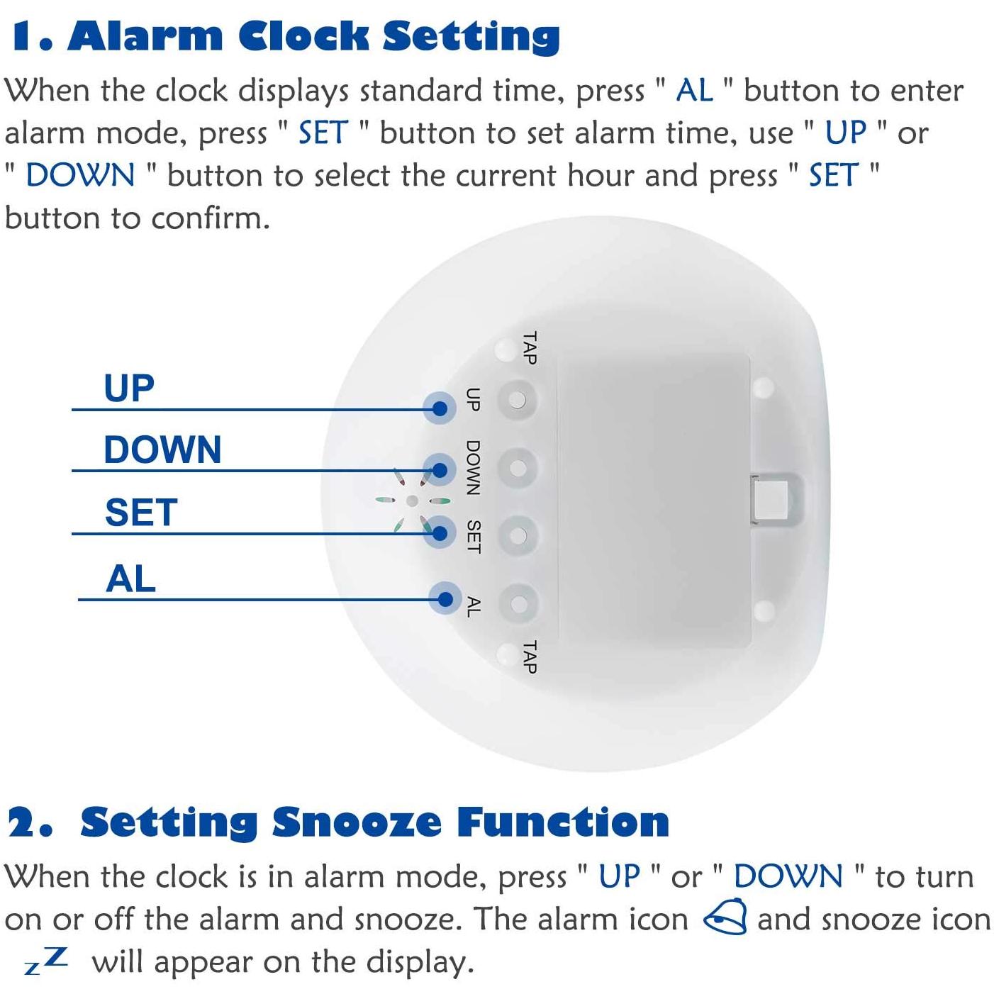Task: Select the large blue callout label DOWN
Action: click(x=162, y=449)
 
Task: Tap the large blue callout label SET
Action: click(x=141, y=512)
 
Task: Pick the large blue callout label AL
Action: click(x=130, y=579)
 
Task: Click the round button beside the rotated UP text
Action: click(x=518, y=400)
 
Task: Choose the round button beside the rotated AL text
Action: click(x=518, y=603)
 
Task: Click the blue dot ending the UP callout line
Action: click(x=440, y=408)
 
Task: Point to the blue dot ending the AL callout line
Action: click(x=445, y=599)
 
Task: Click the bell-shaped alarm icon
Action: click(x=726, y=916)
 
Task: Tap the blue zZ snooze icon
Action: click(x=46, y=961)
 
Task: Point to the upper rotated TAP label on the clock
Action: click(x=530, y=348)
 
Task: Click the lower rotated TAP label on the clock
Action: click(x=530, y=657)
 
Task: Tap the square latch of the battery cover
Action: click(x=771, y=499)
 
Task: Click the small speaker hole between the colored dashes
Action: click(x=412, y=501)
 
